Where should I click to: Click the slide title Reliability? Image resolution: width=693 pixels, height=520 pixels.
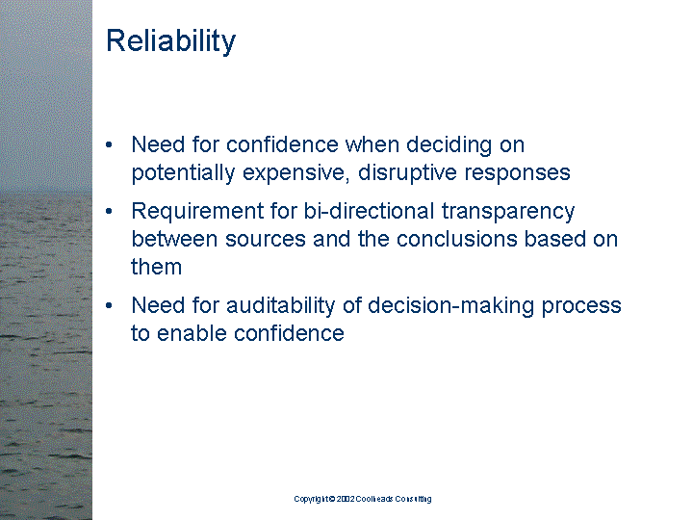point(170,41)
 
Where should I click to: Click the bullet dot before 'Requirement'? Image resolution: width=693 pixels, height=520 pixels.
point(113,212)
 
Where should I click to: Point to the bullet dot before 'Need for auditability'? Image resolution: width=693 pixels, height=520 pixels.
point(113,306)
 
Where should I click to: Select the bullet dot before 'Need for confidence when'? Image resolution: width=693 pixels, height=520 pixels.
point(113,145)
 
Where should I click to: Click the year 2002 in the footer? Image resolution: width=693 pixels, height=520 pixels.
point(346,499)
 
